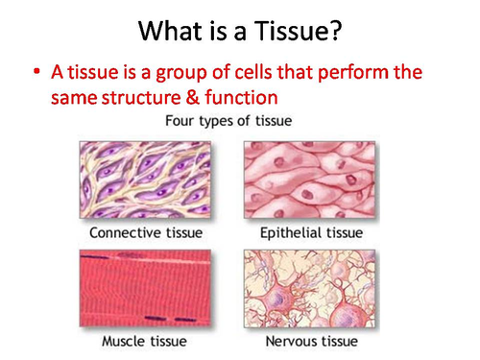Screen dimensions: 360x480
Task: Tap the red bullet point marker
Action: point(36,72)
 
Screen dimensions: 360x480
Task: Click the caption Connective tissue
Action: point(147,232)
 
